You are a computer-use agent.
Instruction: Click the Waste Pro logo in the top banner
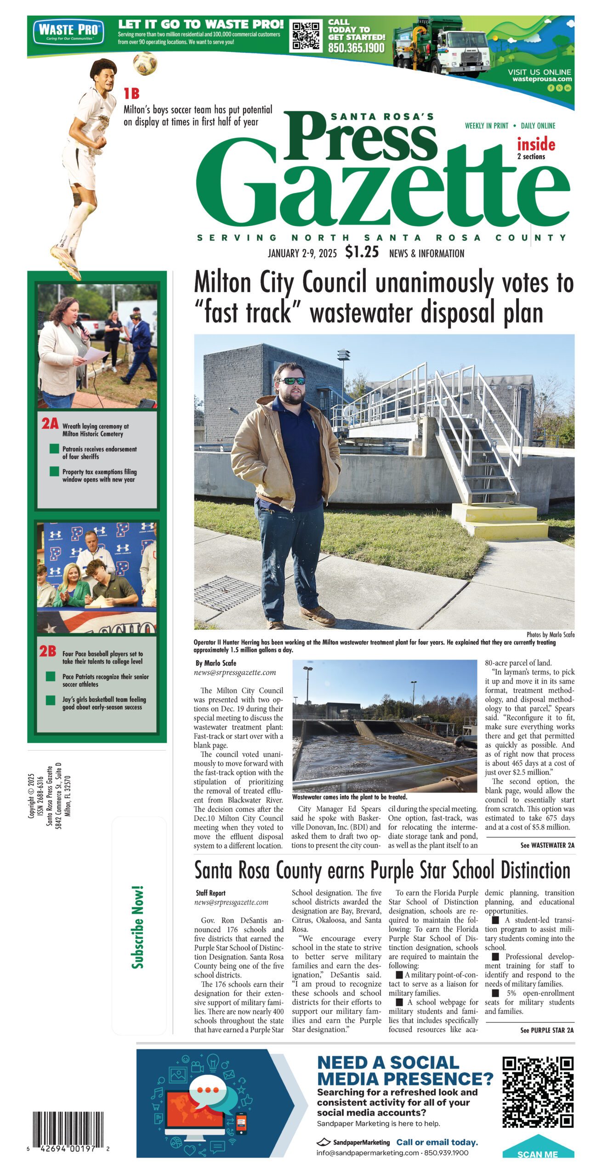[68, 32]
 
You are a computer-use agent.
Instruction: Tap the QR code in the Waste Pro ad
[306, 35]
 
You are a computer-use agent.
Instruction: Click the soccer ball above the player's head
[145, 63]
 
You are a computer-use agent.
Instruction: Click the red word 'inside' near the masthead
[536, 144]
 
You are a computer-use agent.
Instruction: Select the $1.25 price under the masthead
[362, 252]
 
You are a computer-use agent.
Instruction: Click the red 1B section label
[131, 94]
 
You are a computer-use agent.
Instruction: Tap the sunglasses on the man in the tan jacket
[292, 380]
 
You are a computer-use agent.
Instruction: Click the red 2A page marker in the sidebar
[50, 423]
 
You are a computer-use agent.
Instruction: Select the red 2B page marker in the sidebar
[47, 651]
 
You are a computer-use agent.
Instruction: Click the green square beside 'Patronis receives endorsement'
[54, 449]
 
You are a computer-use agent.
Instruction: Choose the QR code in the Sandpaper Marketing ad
[538, 1092]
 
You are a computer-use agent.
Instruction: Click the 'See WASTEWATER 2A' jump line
[547, 845]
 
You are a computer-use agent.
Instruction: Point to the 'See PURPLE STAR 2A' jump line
[546, 1030]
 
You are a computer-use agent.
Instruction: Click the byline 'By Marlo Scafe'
[216, 663]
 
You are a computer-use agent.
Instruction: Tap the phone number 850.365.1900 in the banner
[356, 48]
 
